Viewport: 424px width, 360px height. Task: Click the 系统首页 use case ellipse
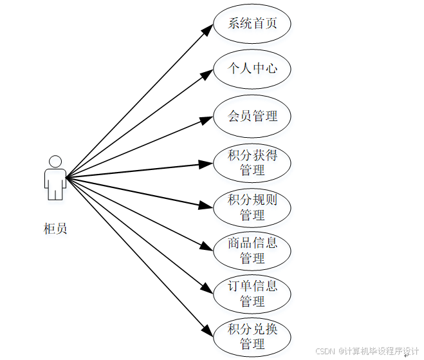[x=252, y=24]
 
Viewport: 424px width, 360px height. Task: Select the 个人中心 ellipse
[x=252, y=68]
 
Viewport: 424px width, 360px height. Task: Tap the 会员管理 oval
[x=252, y=117]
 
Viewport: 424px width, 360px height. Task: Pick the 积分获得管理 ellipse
[x=252, y=163]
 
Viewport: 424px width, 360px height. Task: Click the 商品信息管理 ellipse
[x=252, y=251]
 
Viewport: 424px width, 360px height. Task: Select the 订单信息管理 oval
[x=252, y=294]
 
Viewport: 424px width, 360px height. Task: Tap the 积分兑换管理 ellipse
[x=252, y=336]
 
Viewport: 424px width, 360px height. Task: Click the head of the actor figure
[x=55, y=162]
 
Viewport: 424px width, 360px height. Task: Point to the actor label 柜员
[x=55, y=228]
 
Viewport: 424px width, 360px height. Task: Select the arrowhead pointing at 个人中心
[x=205, y=74]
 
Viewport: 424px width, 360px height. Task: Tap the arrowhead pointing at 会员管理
[x=206, y=119]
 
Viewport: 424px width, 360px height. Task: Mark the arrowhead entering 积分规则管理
[x=206, y=206]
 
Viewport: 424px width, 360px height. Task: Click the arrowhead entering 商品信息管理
[x=206, y=247]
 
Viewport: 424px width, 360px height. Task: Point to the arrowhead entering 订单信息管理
[x=206, y=289]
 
